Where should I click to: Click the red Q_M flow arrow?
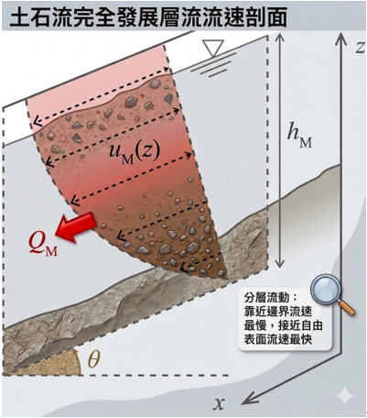tap(75, 226)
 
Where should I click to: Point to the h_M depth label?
tap(300, 137)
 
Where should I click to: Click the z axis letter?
tap(360, 47)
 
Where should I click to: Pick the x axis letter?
tap(219, 403)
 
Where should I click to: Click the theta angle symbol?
tap(93, 358)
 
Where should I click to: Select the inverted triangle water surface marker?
tap(213, 49)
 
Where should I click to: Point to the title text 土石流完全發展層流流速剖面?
tap(148, 16)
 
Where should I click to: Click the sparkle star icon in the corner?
tap(345, 396)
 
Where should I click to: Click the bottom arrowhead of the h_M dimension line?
tap(279, 264)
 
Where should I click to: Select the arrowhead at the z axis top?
tap(341, 38)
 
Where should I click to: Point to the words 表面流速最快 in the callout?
tap(277, 339)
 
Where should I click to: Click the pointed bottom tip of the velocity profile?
tap(227, 278)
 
